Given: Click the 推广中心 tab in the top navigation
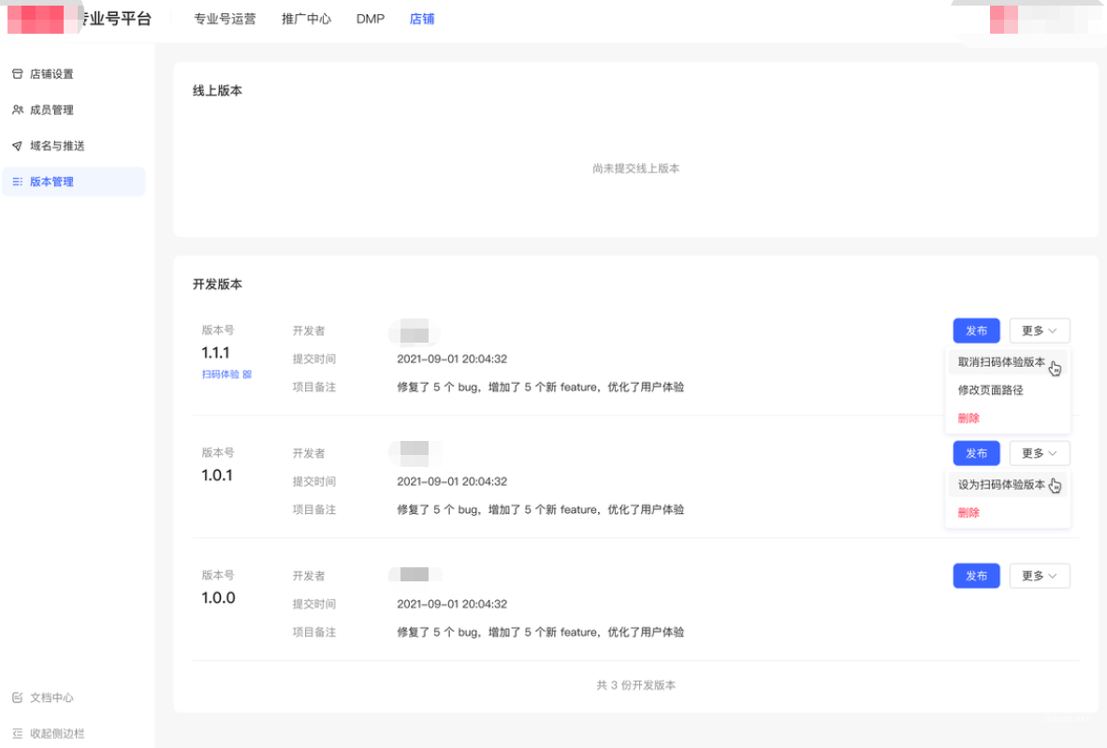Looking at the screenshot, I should tap(306, 19).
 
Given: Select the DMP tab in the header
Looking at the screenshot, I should tap(371, 19).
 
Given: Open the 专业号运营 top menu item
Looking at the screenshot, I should tap(225, 19).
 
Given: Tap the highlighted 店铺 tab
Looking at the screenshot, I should tap(422, 19).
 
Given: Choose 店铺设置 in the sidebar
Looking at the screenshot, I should tap(51, 74).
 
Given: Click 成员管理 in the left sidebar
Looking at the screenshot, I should tap(51, 110).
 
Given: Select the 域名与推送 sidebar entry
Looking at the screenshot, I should tap(57, 146).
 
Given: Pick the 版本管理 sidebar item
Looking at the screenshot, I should tap(51, 182).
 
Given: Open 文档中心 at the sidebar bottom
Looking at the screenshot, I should tap(51, 697).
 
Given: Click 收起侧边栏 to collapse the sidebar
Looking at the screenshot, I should tap(56, 733).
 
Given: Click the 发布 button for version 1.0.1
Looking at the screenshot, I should tap(976, 453).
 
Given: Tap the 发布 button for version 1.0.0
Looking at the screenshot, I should tap(976, 576).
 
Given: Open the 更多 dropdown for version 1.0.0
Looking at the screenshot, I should tap(1039, 576).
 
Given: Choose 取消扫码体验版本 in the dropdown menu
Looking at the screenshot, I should tap(1001, 362).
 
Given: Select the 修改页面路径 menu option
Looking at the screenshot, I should tap(990, 390).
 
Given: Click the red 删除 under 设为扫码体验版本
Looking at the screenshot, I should tap(969, 513).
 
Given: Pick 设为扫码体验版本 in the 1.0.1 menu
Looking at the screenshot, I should tap(1001, 485).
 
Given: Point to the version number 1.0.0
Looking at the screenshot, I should tap(218, 597).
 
